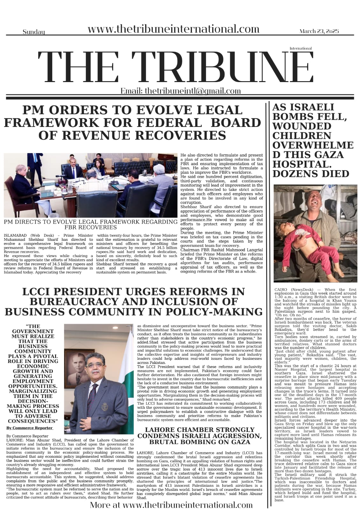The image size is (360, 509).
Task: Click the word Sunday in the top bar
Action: [x=34, y=32]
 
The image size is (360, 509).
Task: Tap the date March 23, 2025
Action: [x=319, y=31]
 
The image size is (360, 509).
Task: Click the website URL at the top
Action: [x=173, y=29]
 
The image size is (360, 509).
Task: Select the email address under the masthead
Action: [x=193, y=91]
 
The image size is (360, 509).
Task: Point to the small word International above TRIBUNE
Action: [x=300, y=48]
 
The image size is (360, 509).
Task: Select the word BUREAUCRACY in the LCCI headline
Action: [x=75, y=302]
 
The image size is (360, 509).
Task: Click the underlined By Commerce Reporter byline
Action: [x=29, y=428]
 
